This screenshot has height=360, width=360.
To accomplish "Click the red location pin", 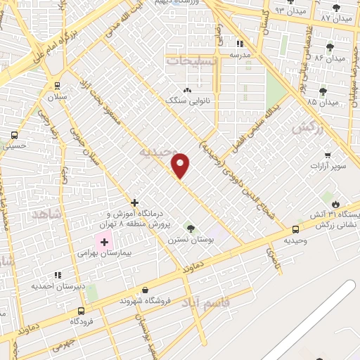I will click(x=181, y=165).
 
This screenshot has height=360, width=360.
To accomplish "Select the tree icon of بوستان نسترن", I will click(x=190, y=227).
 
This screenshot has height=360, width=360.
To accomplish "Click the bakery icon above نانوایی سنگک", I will click(x=187, y=91).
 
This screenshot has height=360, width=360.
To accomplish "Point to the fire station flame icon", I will click(x=336, y=204).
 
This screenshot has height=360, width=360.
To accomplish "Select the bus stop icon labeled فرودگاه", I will click(x=82, y=310).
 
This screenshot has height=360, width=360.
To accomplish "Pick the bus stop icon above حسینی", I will click(x=14, y=136).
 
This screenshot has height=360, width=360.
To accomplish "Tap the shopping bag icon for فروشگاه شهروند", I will click(x=145, y=290).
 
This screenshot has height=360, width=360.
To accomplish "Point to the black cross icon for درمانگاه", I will click(x=134, y=202).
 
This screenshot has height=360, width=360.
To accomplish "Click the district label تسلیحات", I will click(x=192, y=62).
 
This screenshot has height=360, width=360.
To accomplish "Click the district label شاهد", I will click(x=46, y=213).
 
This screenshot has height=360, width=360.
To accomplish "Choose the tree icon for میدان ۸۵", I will click(x=323, y=91).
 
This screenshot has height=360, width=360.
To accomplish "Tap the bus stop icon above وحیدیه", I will click(x=295, y=229).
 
